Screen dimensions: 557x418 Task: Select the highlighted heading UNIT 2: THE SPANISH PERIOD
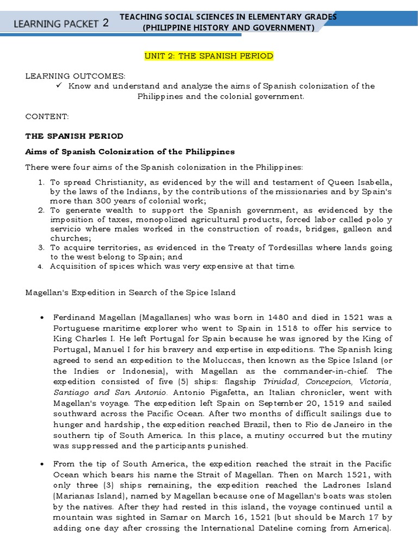pyautogui.click(x=208, y=56)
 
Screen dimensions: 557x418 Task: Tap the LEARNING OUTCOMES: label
pyautogui.click(x=75, y=76)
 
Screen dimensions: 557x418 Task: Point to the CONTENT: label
pyautogui.click(x=47, y=116)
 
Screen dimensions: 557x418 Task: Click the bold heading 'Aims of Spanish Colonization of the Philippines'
pyautogui.click(x=130, y=151)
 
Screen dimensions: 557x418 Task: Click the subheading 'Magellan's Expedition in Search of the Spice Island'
pyautogui.click(x=131, y=292)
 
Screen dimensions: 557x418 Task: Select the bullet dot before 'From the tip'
pyautogui.click(x=41, y=463)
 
